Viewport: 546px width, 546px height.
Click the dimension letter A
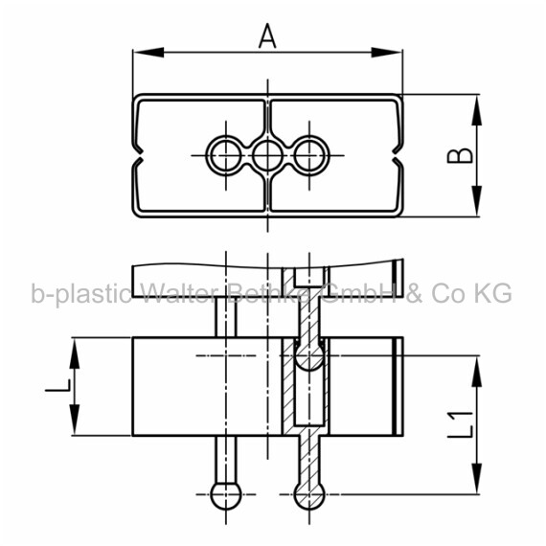click(267, 35)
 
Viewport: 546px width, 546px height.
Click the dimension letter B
click(460, 155)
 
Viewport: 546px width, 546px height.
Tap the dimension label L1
click(461, 423)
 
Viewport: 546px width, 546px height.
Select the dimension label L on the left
click(58, 385)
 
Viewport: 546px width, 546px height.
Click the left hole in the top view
click(226, 155)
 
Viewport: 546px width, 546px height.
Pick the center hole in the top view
click(267, 155)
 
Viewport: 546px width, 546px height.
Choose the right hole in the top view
click(309, 155)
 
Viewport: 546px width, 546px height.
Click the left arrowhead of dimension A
click(148, 53)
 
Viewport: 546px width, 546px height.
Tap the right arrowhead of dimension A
click(387, 53)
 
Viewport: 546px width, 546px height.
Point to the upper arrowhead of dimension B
click(477, 110)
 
